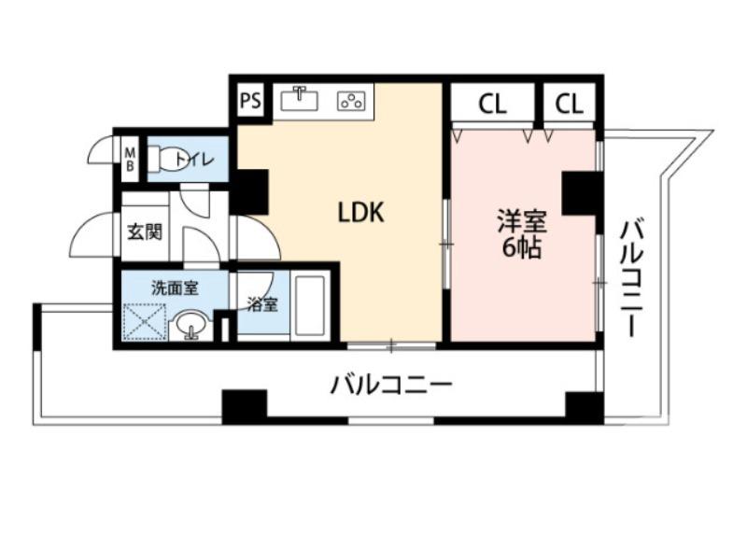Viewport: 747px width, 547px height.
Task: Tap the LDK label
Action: pyautogui.click(x=360, y=213)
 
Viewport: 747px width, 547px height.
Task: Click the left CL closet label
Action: pyautogui.click(x=493, y=103)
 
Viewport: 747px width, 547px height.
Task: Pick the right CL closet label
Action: pyautogui.click(x=569, y=103)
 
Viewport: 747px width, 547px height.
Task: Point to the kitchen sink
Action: pyautogui.click(x=301, y=98)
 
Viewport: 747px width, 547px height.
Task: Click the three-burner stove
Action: pyautogui.click(x=352, y=100)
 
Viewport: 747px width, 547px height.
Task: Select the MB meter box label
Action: pyautogui.click(x=131, y=159)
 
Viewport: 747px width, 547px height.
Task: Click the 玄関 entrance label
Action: pyautogui.click(x=144, y=230)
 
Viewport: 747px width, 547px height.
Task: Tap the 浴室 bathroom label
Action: pyautogui.click(x=261, y=304)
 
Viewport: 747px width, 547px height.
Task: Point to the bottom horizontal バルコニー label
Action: pyautogui.click(x=392, y=385)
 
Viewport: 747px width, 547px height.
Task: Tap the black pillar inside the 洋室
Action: pyautogui.click(x=581, y=193)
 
